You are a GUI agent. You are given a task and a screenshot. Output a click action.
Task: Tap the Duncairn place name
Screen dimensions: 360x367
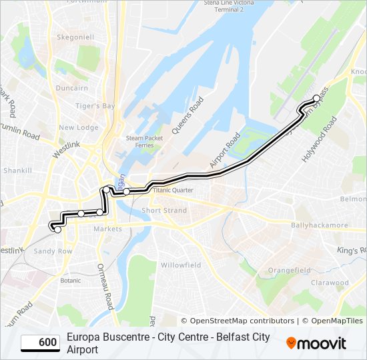[72, 88]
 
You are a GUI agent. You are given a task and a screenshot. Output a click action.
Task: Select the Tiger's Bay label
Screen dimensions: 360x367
[95, 106]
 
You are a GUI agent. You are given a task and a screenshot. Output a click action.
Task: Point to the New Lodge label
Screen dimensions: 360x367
[78, 127]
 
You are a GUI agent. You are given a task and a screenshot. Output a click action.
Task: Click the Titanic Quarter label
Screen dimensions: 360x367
[173, 190]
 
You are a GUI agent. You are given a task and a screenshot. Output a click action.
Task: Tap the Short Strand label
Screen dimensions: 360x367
[164, 211]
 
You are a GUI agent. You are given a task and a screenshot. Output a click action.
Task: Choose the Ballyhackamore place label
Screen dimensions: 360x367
[320, 226]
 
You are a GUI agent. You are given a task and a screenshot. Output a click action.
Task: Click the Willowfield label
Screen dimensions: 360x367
[181, 265]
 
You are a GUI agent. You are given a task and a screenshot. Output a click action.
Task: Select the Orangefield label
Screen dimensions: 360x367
[290, 270]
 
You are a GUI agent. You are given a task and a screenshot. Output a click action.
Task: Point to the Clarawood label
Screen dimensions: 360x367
[330, 283]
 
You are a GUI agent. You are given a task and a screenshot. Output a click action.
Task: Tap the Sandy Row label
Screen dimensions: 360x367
[53, 251]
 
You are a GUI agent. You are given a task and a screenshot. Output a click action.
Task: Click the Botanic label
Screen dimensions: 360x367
[70, 280]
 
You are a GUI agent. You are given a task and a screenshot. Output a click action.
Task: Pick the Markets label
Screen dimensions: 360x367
[107, 229]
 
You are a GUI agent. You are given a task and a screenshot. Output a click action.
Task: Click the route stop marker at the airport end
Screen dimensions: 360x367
[316, 99]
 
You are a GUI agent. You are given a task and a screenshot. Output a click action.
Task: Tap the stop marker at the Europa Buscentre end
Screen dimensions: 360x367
[57, 229]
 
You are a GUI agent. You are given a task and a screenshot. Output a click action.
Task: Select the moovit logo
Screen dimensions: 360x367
[316, 343]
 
